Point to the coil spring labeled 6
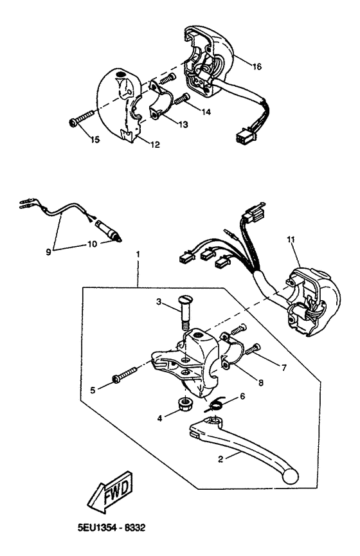217,404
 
